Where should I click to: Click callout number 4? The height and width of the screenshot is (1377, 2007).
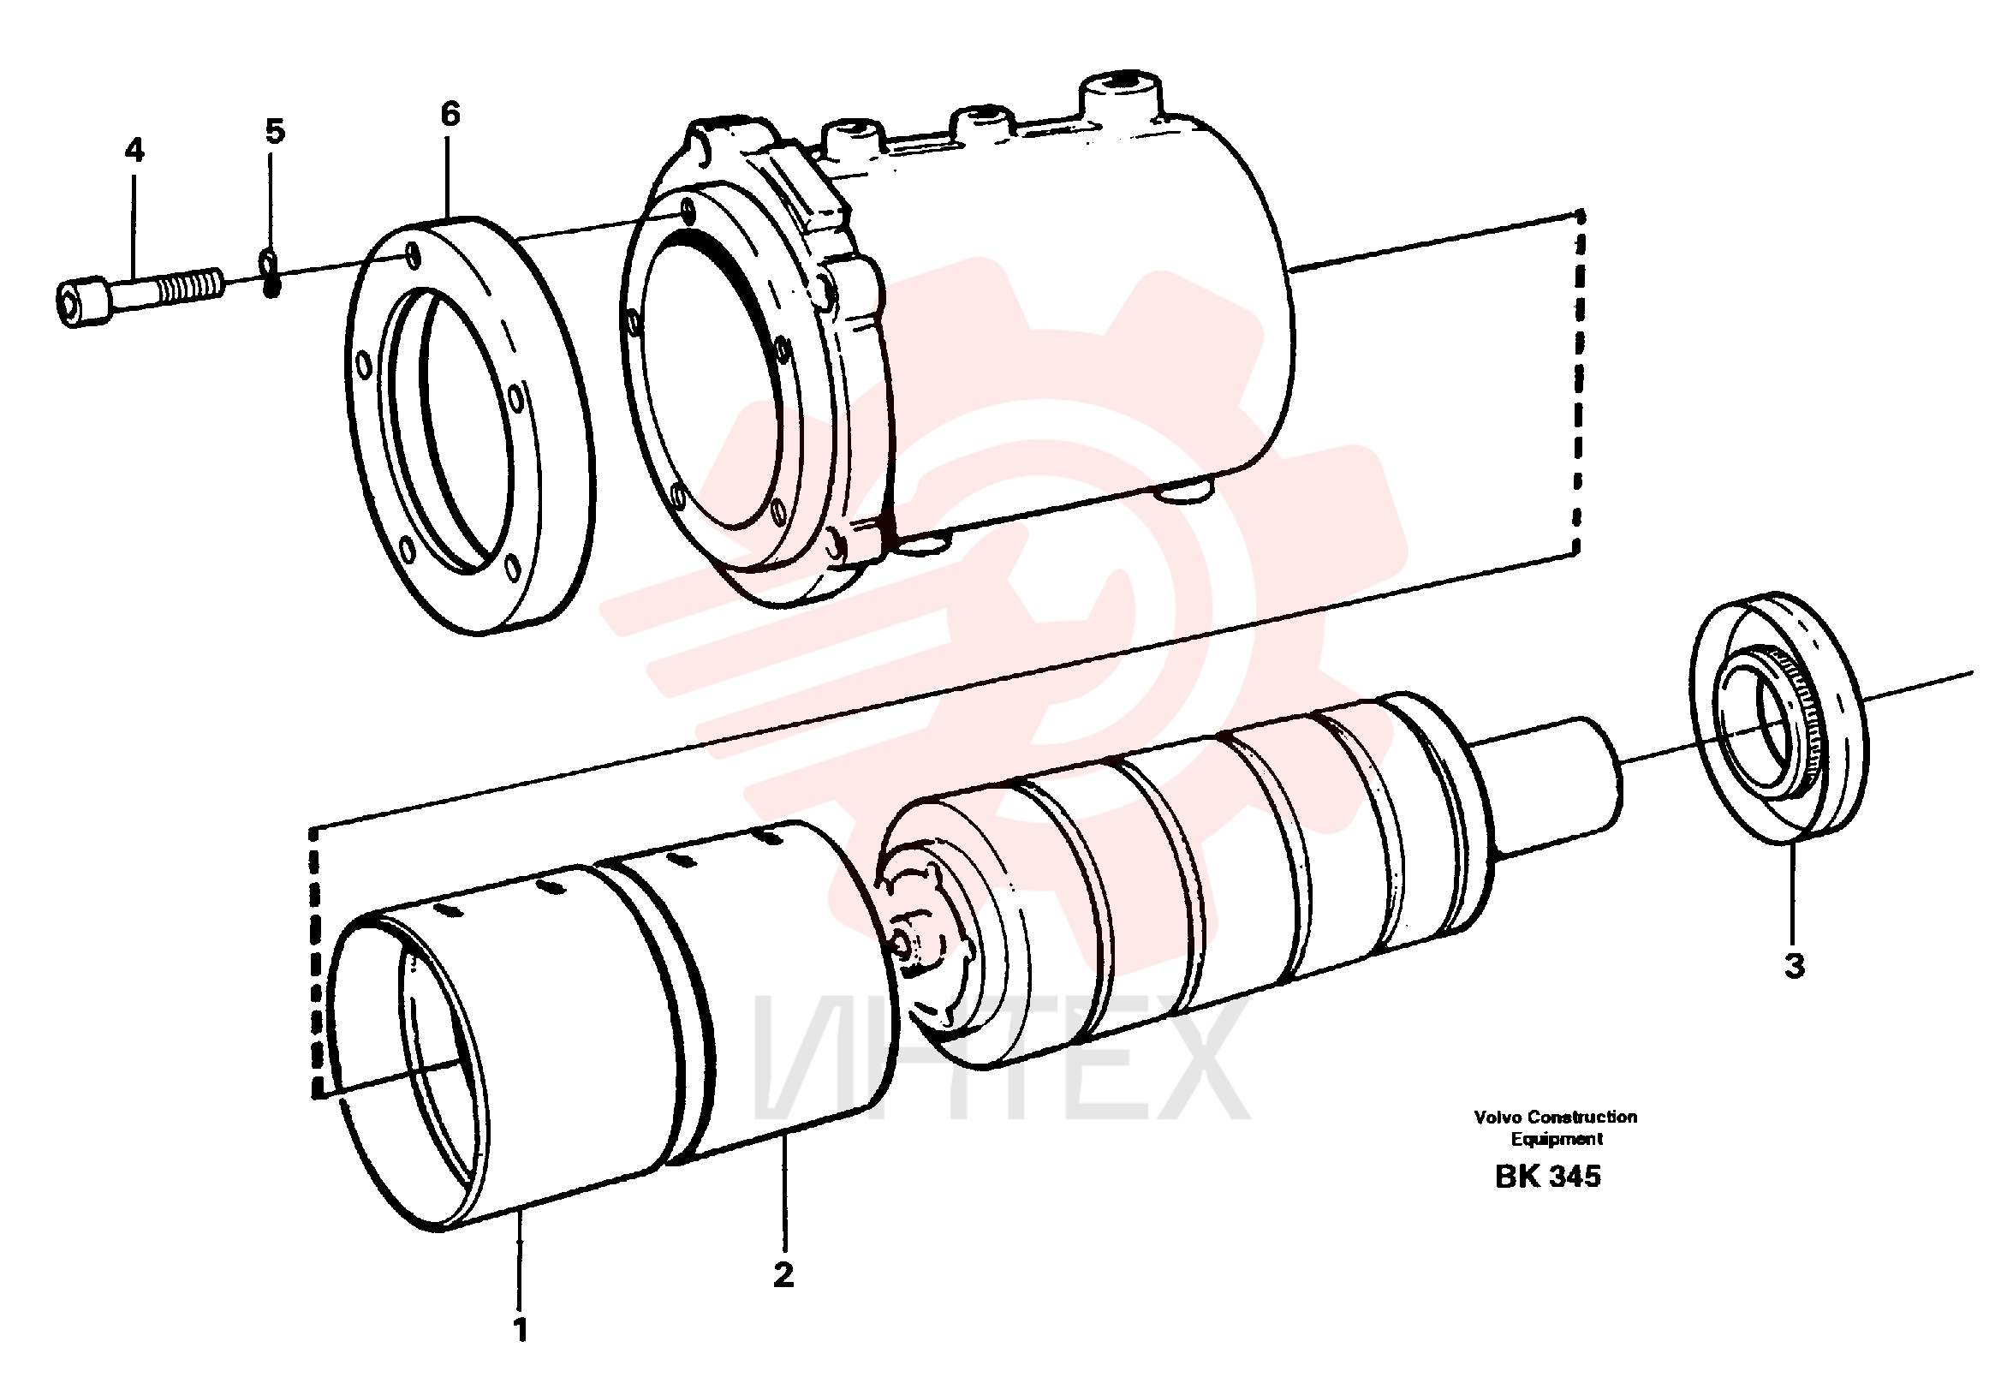(x=134, y=151)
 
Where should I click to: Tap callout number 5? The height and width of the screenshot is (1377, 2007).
(x=275, y=132)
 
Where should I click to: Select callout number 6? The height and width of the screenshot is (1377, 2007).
(x=450, y=114)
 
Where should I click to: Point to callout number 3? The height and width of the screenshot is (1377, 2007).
(x=1795, y=966)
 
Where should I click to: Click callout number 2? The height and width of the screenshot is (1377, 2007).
(x=783, y=1275)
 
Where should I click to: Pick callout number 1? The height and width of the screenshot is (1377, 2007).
(x=520, y=1329)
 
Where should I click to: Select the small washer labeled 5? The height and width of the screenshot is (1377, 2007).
(x=271, y=272)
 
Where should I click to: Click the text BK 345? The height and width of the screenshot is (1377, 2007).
(x=1547, y=1177)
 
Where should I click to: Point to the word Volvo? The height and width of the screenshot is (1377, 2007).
(x=1498, y=1117)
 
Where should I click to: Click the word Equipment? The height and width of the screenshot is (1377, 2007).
(x=1557, y=1140)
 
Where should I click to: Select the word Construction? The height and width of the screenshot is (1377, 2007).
(x=1581, y=1117)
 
